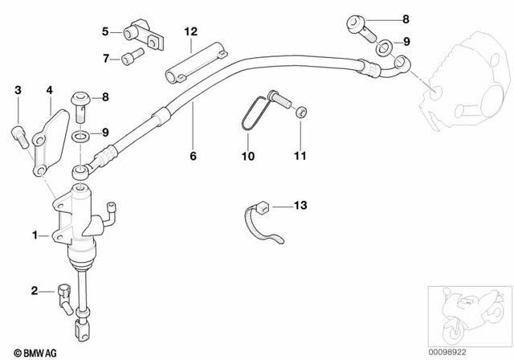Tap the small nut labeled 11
coord(300,113)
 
